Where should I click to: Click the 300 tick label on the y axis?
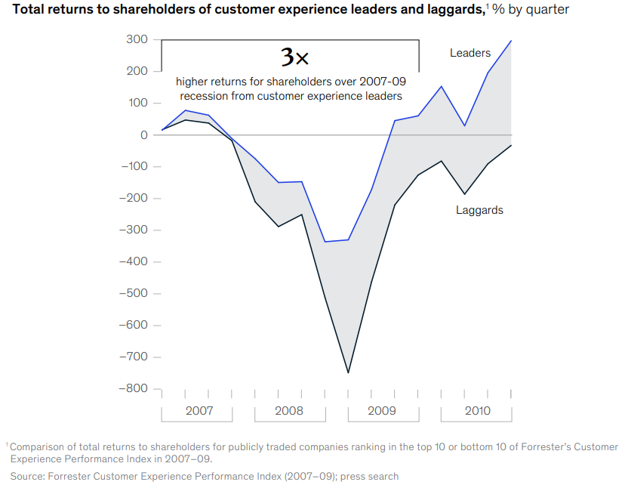tap(139, 39)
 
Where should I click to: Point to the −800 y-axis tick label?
tap(134, 388)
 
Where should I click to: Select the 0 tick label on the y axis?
tap(143, 134)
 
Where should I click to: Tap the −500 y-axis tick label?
tap(134, 293)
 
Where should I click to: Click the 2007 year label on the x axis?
tap(199, 411)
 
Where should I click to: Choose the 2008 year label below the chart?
tap(288, 411)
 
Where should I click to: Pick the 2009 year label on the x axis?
tap(382, 411)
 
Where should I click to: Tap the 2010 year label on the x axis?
tap(476, 411)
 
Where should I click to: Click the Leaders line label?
tap(470, 53)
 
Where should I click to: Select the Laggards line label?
tap(479, 210)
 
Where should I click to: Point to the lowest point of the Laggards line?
tap(348, 372)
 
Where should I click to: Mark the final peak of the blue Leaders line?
tap(511, 41)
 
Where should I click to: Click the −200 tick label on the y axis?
tap(134, 198)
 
